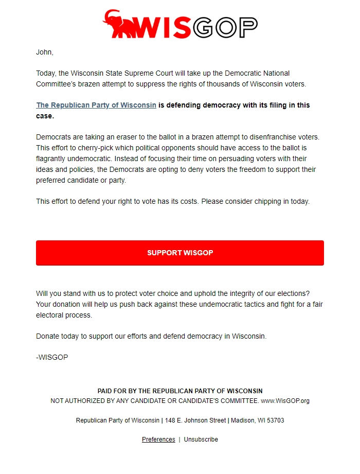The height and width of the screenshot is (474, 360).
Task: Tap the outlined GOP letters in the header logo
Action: point(225,27)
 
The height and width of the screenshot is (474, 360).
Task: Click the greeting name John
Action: point(44,52)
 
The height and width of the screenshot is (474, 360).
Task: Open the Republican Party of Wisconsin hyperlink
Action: point(96,105)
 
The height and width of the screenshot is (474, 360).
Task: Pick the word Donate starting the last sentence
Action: point(48,336)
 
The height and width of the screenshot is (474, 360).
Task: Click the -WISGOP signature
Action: point(52,357)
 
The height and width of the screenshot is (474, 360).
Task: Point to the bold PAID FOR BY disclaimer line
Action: point(180,391)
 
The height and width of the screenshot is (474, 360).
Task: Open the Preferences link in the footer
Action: point(158,440)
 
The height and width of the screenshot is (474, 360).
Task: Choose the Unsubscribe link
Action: point(201,440)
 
